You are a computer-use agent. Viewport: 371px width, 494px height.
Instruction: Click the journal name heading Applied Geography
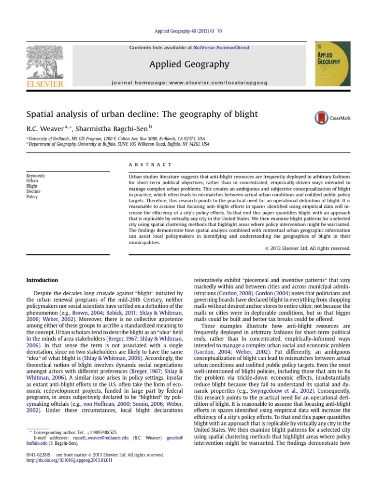coord(189,64)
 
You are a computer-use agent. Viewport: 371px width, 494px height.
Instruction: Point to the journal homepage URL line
coord(189,83)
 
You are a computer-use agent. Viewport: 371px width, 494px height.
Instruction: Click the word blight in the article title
coord(245,114)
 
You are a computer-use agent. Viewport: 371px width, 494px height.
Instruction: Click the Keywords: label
coord(36,176)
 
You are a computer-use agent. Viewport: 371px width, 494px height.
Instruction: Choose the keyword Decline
coord(34,191)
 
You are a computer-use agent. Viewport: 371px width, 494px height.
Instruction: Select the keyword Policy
coord(32,197)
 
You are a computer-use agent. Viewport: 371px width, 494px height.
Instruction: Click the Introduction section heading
coord(42,280)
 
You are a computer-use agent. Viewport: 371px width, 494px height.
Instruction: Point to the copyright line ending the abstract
coord(307,248)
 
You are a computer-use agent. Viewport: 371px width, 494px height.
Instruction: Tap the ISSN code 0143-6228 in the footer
coord(38,454)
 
